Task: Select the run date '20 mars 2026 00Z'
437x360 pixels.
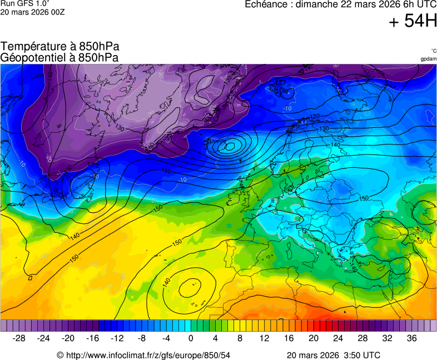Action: pos(33,12)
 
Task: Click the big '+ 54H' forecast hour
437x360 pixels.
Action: pos(413,22)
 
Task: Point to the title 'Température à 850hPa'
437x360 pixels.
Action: pos(60,47)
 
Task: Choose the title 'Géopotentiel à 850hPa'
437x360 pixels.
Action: pos(60,57)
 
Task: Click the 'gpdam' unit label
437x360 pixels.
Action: pos(428,59)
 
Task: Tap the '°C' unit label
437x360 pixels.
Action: pos(433,51)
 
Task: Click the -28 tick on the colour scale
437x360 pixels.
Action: pos(19,338)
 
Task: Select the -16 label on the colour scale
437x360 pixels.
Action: pos(93,338)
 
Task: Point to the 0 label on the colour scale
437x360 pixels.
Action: pos(191,338)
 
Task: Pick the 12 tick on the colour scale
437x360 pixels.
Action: pos(265,338)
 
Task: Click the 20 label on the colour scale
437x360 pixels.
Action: pos(314,338)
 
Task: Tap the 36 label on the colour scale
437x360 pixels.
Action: pos(411,338)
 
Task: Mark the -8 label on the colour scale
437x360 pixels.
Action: pos(142,338)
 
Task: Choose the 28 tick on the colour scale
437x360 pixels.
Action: pos(362,338)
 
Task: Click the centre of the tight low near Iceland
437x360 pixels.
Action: pos(229,147)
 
